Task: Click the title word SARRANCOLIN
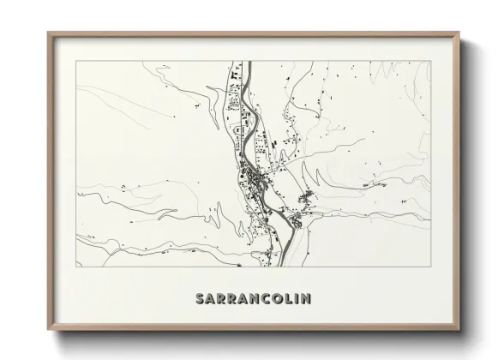[x=253, y=298]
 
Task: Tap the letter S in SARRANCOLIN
[x=201, y=298]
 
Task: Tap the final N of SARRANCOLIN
[x=306, y=298]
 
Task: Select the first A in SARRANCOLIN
[x=212, y=298]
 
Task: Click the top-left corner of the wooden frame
[x=48, y=33]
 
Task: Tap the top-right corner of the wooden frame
[x=459, y=33]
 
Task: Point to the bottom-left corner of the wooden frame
[x=48, y=331]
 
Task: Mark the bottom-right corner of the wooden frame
[x=459, y=331]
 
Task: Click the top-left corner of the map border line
[x=76, y=62]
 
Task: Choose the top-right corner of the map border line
[x=429, y=62]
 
